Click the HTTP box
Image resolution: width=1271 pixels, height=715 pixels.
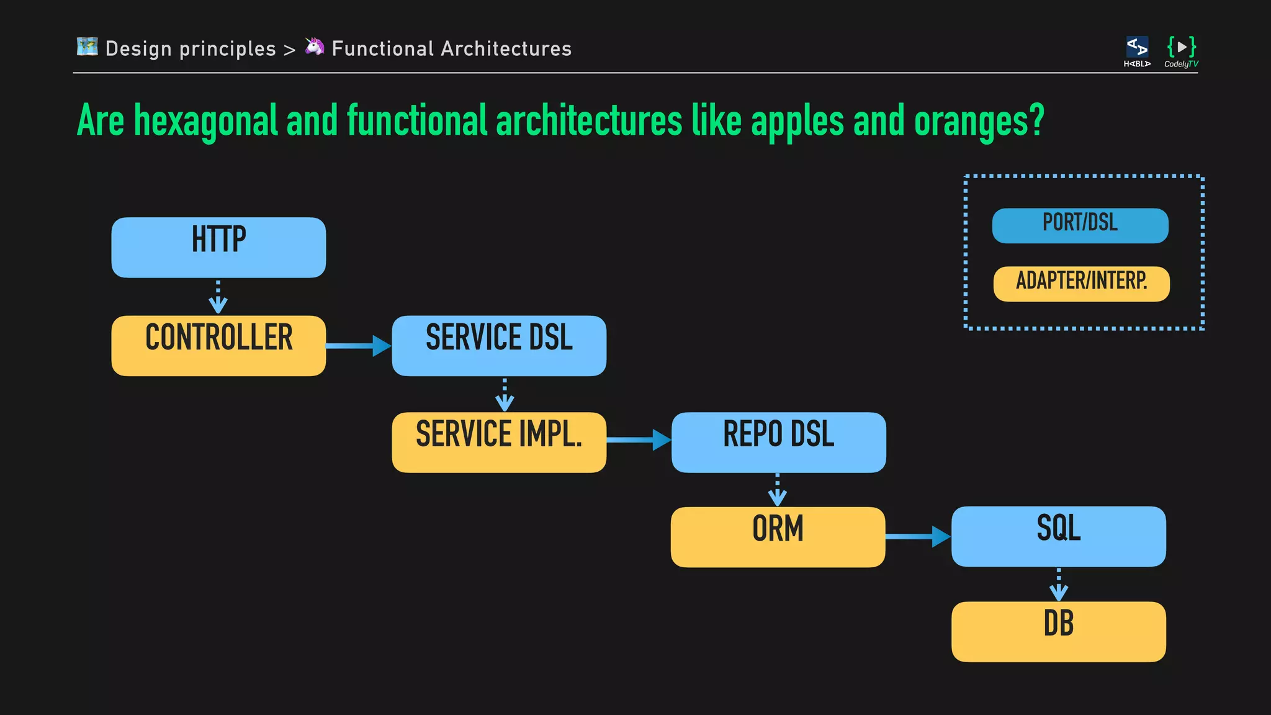tap(218, 247)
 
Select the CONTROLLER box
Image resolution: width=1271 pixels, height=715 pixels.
tap(218, 345)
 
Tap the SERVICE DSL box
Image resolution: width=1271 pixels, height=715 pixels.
tap(499, 345)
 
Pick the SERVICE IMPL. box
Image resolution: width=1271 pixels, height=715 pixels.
tap(499, 442)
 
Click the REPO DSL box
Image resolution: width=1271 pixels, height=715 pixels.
tap(778, 442)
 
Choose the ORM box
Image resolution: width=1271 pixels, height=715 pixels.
tap(778, 537)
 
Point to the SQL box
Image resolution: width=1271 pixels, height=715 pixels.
tap(1058, 536)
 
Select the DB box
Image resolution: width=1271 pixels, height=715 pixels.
tap(1058, 631)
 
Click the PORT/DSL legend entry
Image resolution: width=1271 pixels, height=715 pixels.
tap(1080, 225)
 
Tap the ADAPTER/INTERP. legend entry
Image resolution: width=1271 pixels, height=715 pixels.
tap(1081, 284)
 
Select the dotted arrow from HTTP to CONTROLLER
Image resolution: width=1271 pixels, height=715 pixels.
tap(218, 297)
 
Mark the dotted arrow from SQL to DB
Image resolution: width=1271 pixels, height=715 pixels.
tap(1058, 584)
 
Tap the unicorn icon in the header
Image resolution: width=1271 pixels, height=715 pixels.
tap(315, 47)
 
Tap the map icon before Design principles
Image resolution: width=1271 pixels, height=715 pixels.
tap(88, 47)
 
